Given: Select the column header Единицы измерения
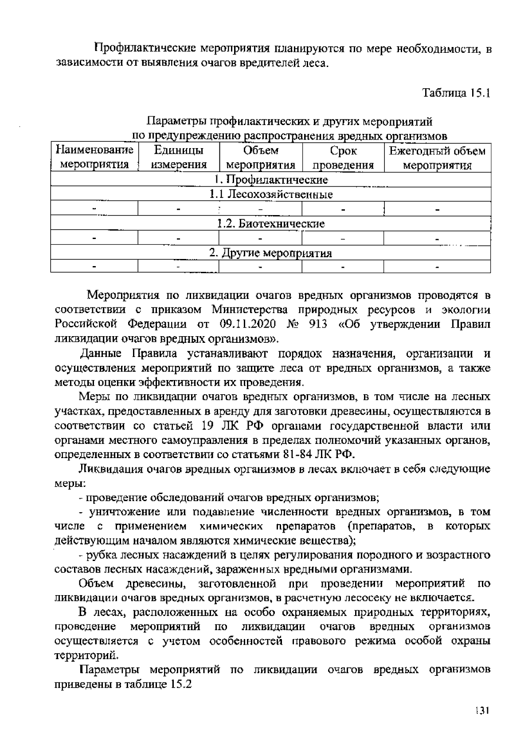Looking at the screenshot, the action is [x=179, y=158].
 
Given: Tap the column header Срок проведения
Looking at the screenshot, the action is [x=343, y=158].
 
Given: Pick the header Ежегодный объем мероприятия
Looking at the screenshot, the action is [x=437, y=158].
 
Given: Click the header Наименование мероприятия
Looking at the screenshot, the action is [x=94, y=158].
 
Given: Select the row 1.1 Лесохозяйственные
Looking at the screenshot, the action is [x=271, y=194].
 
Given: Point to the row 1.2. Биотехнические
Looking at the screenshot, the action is [x=271, y=224].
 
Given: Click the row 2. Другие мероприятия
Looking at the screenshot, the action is [x=271, y=253].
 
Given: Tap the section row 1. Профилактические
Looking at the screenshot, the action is [x=271, y=180].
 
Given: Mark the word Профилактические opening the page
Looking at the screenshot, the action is [x=144, y=48].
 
